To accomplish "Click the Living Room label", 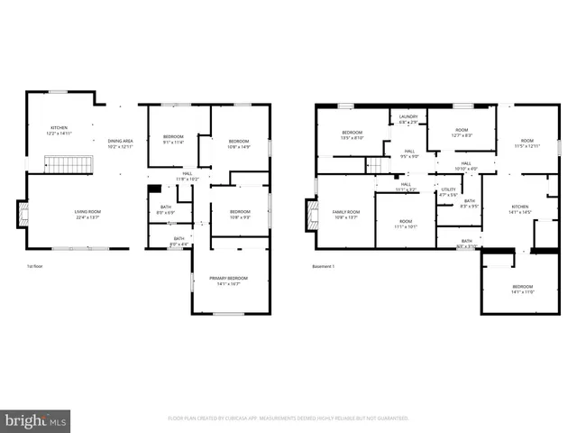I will (87, 214).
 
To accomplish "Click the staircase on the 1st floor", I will (64, 164).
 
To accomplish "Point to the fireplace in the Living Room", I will (23, 214).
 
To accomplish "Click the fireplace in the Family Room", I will (312, 215).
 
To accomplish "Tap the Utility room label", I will (448, 191).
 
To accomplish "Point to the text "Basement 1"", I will (324, 266).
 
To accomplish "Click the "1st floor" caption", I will (35, 266).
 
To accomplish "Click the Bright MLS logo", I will (35, 420).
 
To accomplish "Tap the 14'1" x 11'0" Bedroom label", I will (523, 290).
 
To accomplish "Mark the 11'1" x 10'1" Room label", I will (405, 224).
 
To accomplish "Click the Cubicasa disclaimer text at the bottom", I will (288, 418).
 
